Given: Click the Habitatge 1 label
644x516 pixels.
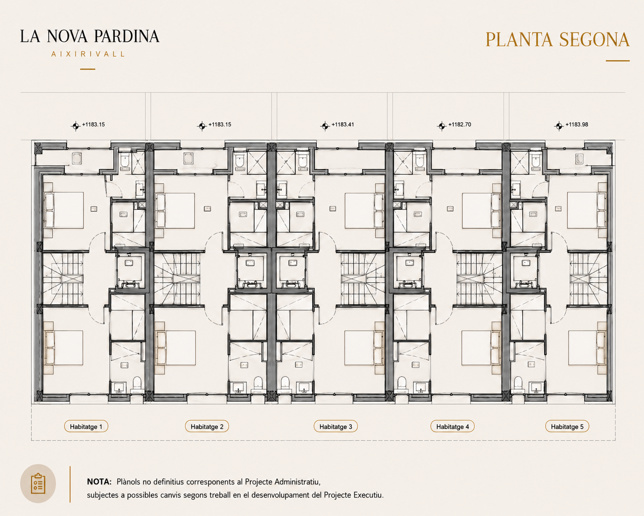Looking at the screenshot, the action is click(x=86, y=426).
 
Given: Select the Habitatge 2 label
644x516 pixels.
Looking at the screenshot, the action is click(x=207, y=426).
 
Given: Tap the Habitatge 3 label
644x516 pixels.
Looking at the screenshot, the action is click(x=336, y=426).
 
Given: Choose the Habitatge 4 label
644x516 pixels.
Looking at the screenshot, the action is click(x=452, y=426).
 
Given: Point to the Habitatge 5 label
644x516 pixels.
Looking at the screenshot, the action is click(x=567, y=426).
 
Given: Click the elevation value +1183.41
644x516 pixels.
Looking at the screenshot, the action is click(x=342, y=125).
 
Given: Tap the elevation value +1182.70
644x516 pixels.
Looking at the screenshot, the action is click(x=460, y=125).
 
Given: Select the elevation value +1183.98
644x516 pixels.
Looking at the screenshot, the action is click(x=577, y=125).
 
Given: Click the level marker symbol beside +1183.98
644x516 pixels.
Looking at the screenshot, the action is click(x=559, y=126).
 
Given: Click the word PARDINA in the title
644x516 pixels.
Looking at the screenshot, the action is click(x=126, y=36).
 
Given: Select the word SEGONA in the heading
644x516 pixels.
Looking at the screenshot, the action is click(x=594, y=40).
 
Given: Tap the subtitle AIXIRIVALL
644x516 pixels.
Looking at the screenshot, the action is click(x=88, y=54).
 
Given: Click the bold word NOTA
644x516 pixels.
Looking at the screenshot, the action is click(x=99, y=482).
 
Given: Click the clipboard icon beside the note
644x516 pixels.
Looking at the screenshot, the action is click(x=38, y=483).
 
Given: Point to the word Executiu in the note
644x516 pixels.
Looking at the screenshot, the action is click(x=368, y=495).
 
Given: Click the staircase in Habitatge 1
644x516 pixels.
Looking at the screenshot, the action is click(x=63, y=279).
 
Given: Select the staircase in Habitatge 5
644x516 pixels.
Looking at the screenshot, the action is click(x=588, y=279).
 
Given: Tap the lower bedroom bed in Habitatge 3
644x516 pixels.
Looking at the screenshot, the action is click(x=364, y=348).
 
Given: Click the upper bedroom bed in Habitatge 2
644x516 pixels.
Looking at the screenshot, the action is click(x=175, y=210).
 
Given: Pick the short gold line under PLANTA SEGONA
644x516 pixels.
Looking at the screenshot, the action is click(x=618, y=61).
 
